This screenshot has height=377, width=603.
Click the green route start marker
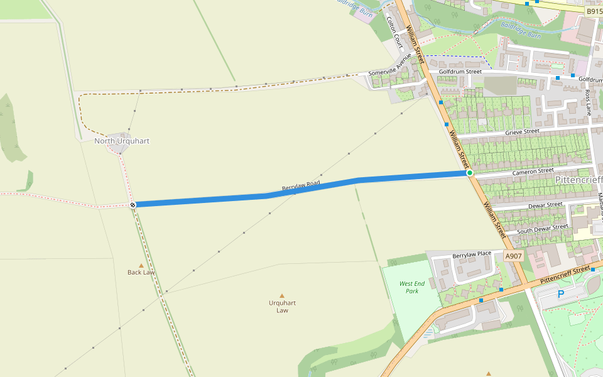coord(469,173)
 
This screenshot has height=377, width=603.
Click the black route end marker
coord(133,205)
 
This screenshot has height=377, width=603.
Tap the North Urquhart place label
coord(122,141)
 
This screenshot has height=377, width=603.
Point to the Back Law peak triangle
coord(141,265)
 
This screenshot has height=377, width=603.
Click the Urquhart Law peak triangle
coord(282,296)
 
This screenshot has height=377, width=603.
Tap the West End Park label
coord(412,287)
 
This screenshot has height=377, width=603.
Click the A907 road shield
coord(513,256)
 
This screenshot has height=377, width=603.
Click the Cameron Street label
coord(533,170)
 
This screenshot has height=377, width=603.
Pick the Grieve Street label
coord(522,132)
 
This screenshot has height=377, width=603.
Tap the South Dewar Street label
coord(542,229)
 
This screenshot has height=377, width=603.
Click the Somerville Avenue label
coord(389,73)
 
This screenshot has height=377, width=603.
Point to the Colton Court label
coord(394,32)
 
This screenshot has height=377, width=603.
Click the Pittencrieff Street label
coord(565,273)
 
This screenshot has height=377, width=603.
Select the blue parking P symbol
coord(561,293)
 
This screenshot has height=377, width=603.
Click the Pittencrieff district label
coord(579,180)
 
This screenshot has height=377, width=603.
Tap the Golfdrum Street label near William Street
coord(460,72)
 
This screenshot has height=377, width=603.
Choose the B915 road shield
coord(593,11)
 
